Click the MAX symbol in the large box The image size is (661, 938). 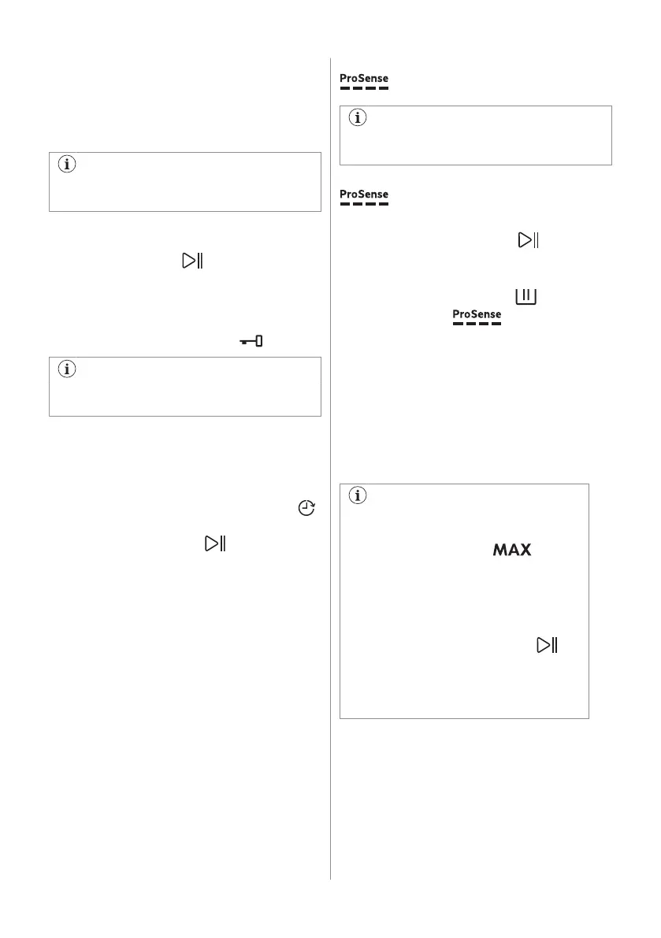point(512,550)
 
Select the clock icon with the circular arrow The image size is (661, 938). point(306,509)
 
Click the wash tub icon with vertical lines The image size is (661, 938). point(525,297)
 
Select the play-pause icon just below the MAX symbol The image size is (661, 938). point(548,645)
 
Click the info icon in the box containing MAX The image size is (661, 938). point(358,497)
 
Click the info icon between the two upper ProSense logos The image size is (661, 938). point(358,119)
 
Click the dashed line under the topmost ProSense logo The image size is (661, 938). point(364,88)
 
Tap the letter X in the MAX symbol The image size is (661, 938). point(525,550)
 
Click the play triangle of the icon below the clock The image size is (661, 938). point(211,543)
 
